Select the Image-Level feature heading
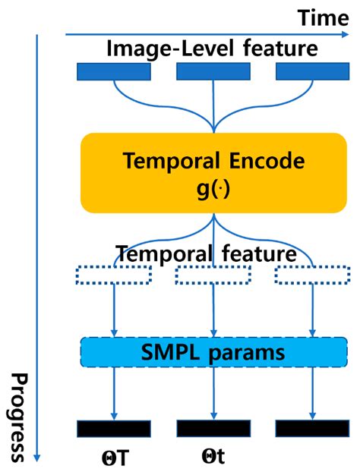[212, 49]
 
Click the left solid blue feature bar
[114, 71]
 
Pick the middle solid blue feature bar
[213, 71]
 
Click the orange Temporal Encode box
[213, 171]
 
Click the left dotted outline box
[114, 275]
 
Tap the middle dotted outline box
[213, 275]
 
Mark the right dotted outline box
[311, 275]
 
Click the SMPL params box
[213, 352]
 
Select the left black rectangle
[114, 428]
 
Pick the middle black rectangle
[213, 428]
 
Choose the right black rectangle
[311, 428]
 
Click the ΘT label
[112, 458]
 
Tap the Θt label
[213, 458]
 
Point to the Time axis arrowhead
[352, 34]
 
